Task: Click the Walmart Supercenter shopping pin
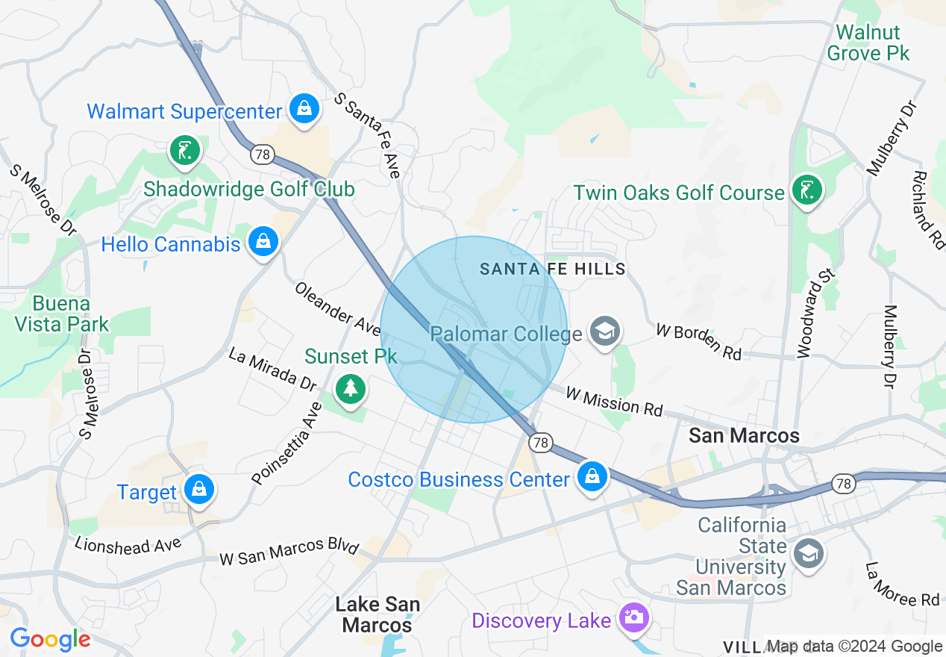coord(304,109)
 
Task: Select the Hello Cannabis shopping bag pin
coord(263,242)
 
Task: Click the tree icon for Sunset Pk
coord(350,388)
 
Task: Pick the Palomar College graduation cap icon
coord(604,331)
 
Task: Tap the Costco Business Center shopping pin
coord(592,476)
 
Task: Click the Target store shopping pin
coord(198,490)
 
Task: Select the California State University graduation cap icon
coord(807,554)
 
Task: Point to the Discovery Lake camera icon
coord(634,618)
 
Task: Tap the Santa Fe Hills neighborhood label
coord(552,269)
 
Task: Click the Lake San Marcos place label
coord(378,614)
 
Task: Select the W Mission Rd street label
coord(614,401)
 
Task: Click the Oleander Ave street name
coord(337,308)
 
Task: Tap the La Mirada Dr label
coord(273,369)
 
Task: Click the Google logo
coord(50,639)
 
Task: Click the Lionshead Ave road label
coord(128,544)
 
